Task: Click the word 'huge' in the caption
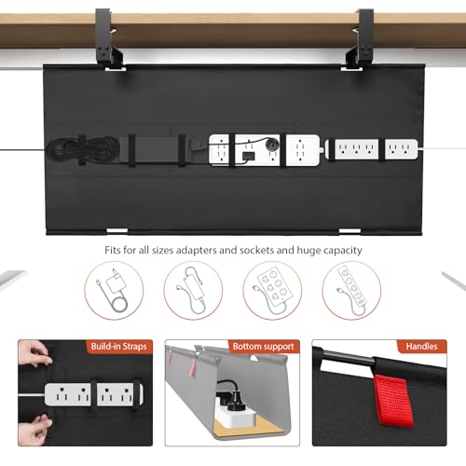(x=303, y=250)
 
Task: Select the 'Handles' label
(x=419, y=347)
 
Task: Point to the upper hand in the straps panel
(x=33, y=357)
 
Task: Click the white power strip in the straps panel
(x=89, y=396)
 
